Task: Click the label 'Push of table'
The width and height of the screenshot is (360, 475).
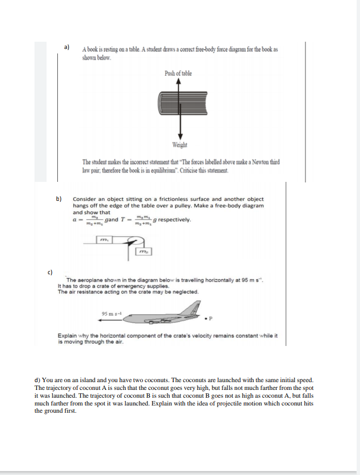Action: point(179,73)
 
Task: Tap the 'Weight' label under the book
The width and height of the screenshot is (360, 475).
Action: point(179,145)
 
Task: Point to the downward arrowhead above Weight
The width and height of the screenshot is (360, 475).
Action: point(179,136)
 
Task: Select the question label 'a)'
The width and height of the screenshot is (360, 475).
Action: point(66,47)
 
